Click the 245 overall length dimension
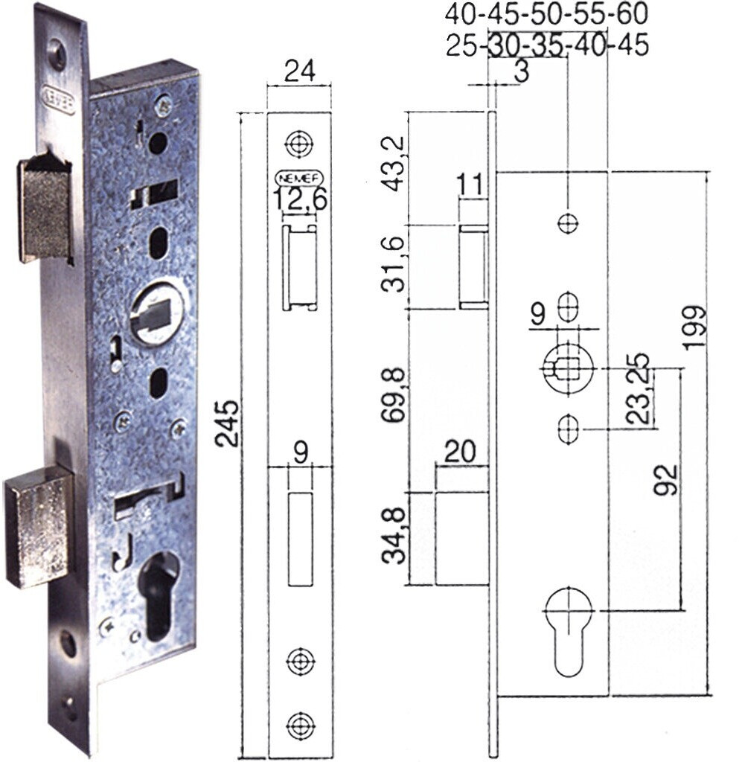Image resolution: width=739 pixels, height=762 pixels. (227, 423)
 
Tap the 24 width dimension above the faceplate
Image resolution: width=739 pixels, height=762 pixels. (299, 71)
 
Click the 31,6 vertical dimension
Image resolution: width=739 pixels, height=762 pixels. (393, 264)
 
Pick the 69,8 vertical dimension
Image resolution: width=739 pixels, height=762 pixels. (393, 395)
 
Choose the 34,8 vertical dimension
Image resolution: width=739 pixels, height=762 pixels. (393, 536)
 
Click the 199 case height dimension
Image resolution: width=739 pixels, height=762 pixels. (693, 327)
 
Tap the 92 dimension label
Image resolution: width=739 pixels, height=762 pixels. (665, 480)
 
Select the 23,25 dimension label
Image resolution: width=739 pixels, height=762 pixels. (638, 388)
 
